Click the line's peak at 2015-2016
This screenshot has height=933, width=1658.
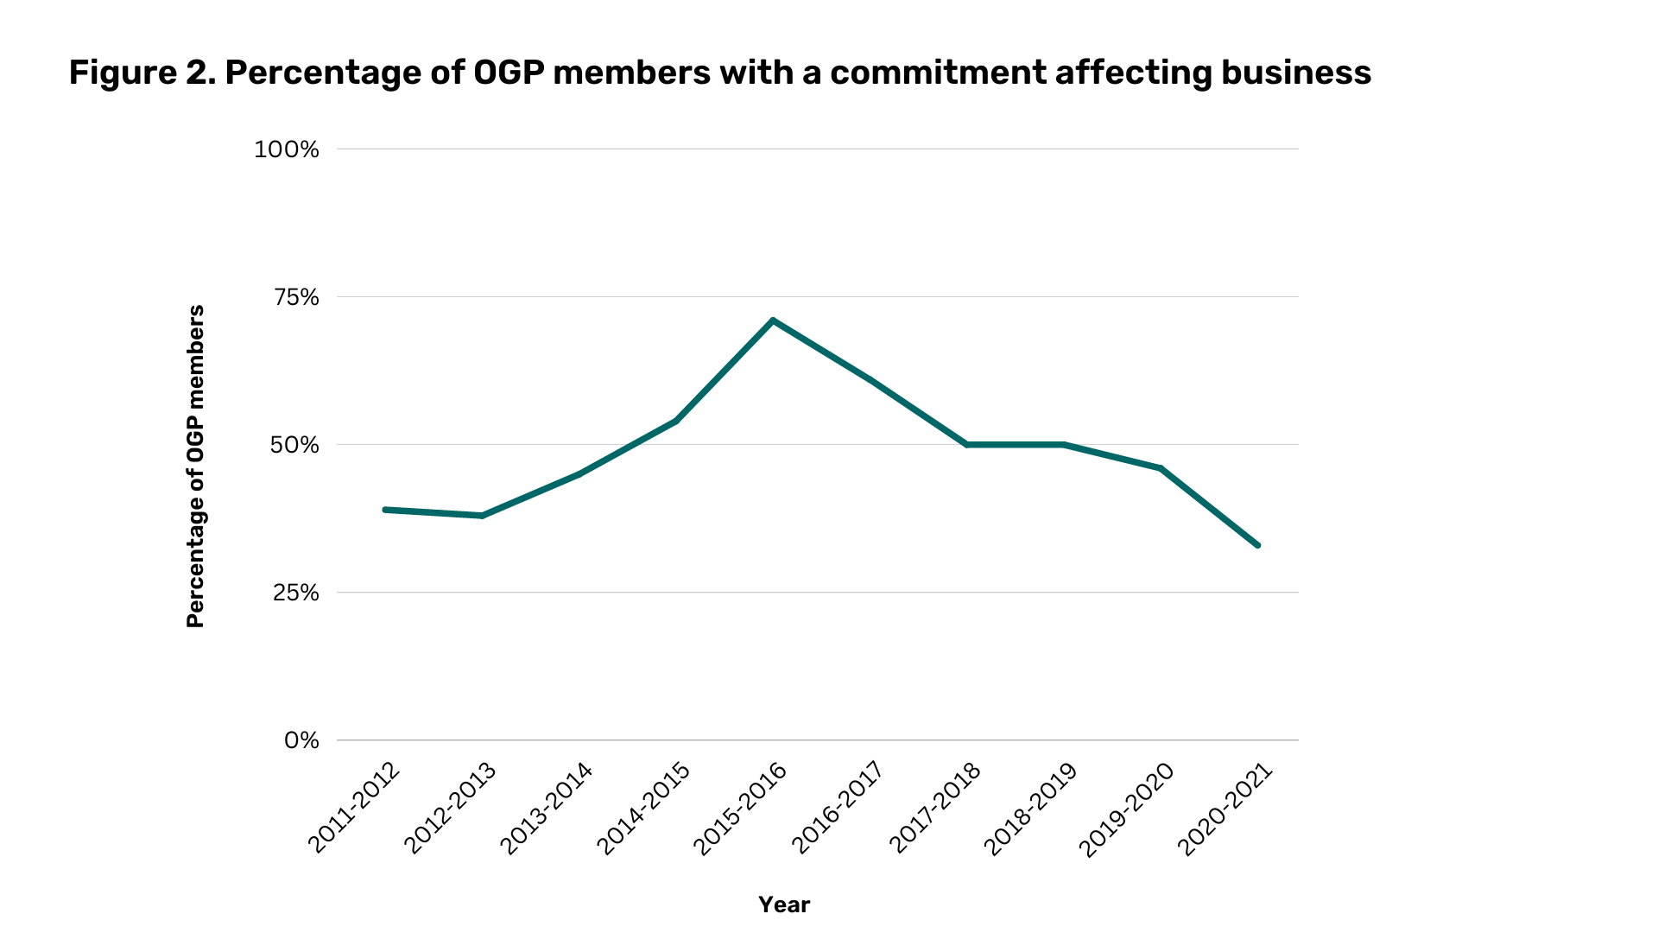[x=773, y=321]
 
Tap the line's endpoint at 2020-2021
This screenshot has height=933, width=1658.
[x=1257, y=545]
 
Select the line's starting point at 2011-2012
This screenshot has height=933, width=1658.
[x=385, y=510]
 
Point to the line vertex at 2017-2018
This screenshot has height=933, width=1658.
[x=967, y=445]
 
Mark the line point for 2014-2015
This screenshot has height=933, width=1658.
[x=676, y=421]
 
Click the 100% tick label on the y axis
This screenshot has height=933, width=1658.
[x=286, y=149]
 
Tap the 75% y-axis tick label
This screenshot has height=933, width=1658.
[x=295, y=297]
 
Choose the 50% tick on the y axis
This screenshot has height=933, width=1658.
[x=294, y=445]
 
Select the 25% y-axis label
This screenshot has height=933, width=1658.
[x=295, y=593]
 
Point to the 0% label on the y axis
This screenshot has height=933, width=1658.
[x=301, y=740]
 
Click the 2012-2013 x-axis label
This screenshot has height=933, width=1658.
[x=451, y=809]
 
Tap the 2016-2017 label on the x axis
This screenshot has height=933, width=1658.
[x=838, y=809]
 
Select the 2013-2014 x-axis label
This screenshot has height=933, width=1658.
[x=547, y=809]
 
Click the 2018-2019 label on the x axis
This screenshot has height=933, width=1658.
[x=1031, y=809]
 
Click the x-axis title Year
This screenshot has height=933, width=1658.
[x=784, y=904]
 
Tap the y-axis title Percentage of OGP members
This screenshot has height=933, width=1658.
[x=196, y=466]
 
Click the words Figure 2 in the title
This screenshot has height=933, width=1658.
[x=141, y=73]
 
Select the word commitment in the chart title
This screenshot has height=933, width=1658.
[x=938, y=73]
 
